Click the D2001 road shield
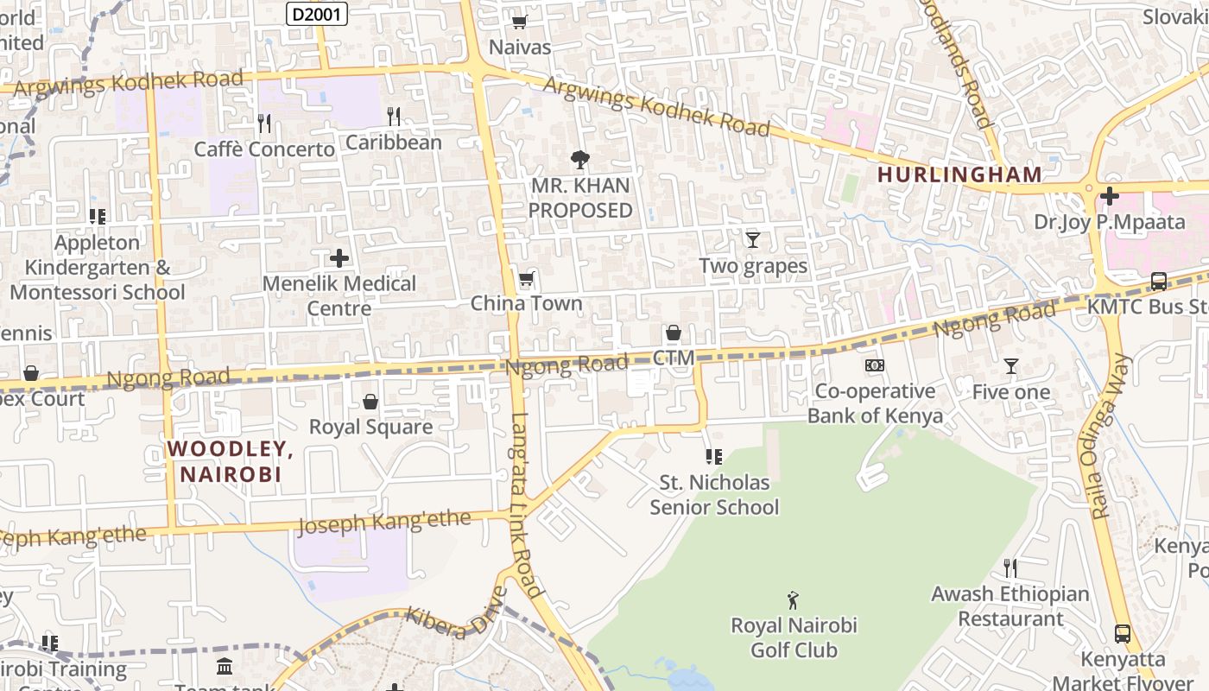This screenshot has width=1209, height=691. point(316,13)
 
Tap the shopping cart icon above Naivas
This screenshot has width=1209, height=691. point(519,22)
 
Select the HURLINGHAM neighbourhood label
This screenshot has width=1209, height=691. point(959,174)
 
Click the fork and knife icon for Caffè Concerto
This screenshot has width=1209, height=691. point(264,124)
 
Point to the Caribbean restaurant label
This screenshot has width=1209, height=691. point(394,143)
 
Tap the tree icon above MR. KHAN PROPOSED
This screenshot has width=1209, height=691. point(579,159)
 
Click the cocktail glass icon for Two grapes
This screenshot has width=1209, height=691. point(753,239)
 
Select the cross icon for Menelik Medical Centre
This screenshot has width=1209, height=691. point(339,257)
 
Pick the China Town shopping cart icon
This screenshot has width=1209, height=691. point(526,278)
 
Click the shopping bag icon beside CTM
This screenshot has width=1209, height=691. point(674,333)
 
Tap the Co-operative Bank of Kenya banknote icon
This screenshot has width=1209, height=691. point(875,365)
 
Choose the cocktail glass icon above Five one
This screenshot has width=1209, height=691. point(1011,366)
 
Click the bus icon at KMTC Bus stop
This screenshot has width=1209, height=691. point(1158,282)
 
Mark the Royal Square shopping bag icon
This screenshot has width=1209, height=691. point(370,402)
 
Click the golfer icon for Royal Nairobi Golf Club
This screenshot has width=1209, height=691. point(793,599)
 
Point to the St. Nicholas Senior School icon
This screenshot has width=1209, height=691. point(713,456)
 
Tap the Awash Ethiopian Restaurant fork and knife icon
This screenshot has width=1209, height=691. point(1010,568)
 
